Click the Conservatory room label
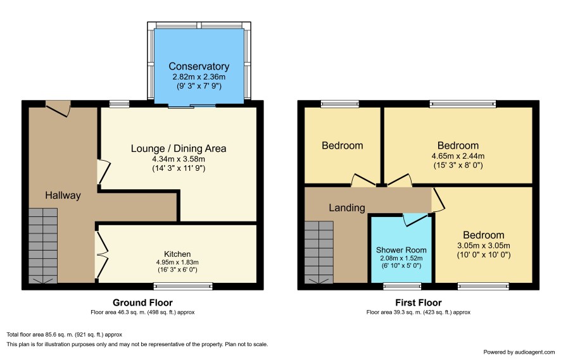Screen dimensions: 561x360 click(199, 66)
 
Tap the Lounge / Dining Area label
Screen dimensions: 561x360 click(179, 148)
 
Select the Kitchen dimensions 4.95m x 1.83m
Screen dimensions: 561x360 click(177, 262)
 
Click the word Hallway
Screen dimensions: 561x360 click(63, 196)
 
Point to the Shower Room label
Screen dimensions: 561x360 click(401, 250)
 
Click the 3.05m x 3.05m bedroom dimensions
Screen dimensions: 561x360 click(484, 245)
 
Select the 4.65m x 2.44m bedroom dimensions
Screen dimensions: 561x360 click(458, 156)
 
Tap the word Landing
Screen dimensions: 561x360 click(347, 208)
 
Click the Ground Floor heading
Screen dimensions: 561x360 click(142, 303)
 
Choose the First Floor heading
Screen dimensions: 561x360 click(419, 303)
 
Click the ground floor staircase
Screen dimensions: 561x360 click(43, 246)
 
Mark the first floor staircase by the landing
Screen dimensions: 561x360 click(319, 252)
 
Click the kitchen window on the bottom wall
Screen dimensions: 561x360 click(183, 285)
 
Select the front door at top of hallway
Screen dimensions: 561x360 click(58, 108)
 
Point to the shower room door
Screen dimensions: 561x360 click(415, 220)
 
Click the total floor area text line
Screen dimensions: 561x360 click(65, 335)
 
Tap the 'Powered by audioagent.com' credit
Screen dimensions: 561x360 click(519, 352)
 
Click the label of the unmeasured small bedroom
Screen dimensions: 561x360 click(343, 146)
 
